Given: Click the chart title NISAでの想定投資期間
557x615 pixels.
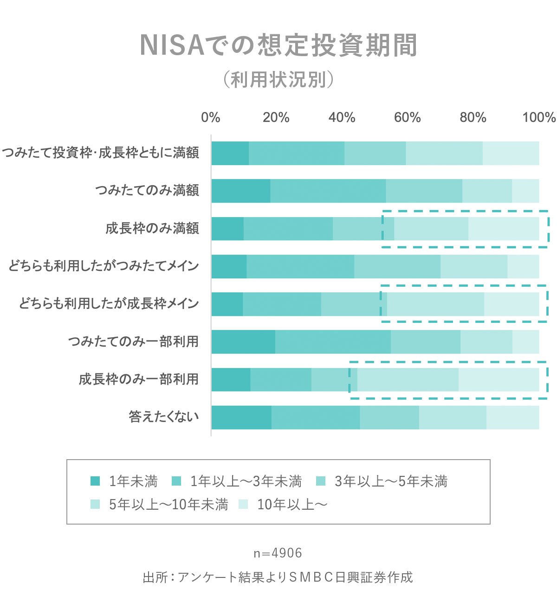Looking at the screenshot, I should pyautogui.click(x=278, y=45).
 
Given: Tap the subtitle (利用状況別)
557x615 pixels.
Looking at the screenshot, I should pyautogui.click(x=278, y=80).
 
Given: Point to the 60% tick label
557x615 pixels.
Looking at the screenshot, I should pyautogui.click(x=407, y=117).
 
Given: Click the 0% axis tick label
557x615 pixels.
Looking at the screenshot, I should pyautogui.click(x=210, y=117).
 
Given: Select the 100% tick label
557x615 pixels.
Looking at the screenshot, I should pyautogui.click(x=538, y=117).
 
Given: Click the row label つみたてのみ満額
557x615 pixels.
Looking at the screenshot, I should pyautogui.click(x=147, y=190).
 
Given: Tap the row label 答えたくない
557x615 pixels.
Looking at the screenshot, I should pyautogui.click(x=164, y=416).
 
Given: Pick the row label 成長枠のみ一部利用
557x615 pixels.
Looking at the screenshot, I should pyautogui.click(x=138, y=379).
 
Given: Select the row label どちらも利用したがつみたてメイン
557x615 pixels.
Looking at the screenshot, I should pyautogui.click(x=104, y=266).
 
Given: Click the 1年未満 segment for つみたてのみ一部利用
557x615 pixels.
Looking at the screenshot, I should pyautogui.click(x=243, y=341).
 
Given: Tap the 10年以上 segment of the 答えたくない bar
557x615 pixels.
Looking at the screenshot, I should pyautogui.click(x=512, y=417).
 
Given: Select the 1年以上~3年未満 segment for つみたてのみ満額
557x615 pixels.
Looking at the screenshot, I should pyautogui.click(x=328, y=191).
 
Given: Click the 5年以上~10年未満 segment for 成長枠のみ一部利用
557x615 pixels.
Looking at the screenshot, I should pyautogui.click(x=408, y=379).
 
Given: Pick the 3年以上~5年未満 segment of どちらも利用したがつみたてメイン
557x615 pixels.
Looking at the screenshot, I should pyautogui.click(x=397, y=266).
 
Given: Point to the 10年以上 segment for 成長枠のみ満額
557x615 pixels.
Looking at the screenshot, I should pyautogui.click(x=504, y=228).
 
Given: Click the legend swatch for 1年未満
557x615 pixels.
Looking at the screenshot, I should pyautogui.click(x=95, y=481).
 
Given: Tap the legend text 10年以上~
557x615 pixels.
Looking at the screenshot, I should pyautogui.click(x=292, y=504).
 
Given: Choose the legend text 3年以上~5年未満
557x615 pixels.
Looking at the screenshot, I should pyautogui.click(x=391, y=481).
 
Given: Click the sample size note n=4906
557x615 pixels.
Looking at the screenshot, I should pyautogui.click(x=278, y=553).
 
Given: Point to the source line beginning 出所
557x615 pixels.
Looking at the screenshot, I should pyautogui.click(x=278, y=577).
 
